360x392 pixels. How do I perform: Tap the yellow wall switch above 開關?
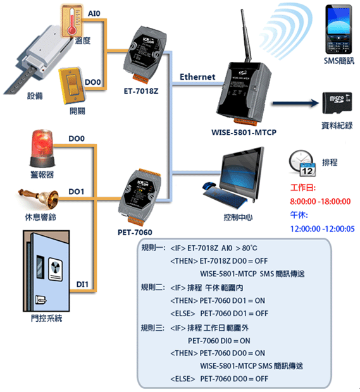coord(71,85)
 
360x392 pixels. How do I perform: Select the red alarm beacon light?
coord(42,148)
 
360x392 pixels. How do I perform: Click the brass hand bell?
coord(39,197)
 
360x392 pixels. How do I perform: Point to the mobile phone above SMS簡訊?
coord(338,29)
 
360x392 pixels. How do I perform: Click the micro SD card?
coord(337,102)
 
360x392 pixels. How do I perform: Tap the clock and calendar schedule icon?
coord(302,163)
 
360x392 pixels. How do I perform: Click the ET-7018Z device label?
coord(141,91)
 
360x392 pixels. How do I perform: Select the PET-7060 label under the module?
coord(135,233)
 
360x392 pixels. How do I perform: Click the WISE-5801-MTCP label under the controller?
coord(244,132)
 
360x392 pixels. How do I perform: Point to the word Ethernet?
coord(197,77)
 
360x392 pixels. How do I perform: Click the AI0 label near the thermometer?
coord(94,13)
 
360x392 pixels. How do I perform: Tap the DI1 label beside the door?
coord(82,285)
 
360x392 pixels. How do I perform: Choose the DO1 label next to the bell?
coord(77,192)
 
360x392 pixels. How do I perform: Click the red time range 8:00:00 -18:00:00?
coord(320,201)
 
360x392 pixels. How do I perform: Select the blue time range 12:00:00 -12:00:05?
coord(322,229)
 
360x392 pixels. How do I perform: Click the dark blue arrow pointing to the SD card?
coord(295,103)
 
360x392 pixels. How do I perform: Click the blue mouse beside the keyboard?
coord(209,186)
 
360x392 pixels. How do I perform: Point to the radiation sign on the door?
coord(55,267)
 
